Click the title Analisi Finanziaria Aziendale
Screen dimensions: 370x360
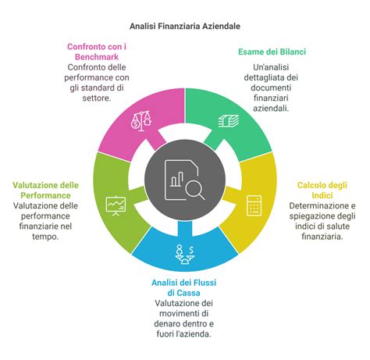click(x=185, y=26)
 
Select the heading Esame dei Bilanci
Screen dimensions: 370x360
click(x=272, y=52)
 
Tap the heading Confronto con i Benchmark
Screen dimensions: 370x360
click(x=97, y=52)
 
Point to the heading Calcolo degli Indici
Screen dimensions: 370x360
click(x=322, y=191)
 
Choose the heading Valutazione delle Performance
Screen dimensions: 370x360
click(x=45, y=191)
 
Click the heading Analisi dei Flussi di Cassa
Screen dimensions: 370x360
click(x=183, y=287)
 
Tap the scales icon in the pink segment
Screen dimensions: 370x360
click(x=141, y=121)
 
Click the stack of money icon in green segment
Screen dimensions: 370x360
click(x=229, y=121)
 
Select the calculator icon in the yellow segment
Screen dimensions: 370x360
click(x=254, y=205)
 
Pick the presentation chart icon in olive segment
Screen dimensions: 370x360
click(x=116, y=205)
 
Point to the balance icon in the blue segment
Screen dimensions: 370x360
click(x=185, y=255)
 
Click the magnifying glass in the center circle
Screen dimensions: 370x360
click(x=195, y=191)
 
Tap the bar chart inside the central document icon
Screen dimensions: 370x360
click(x=177, y=179)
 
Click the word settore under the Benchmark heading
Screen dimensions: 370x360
click(x=97, y=98)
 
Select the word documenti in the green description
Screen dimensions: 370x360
click(x=271, y=87)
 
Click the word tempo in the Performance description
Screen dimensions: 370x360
click(x=45, y=237)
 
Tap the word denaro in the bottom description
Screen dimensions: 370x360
click(x=168, y=324)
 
